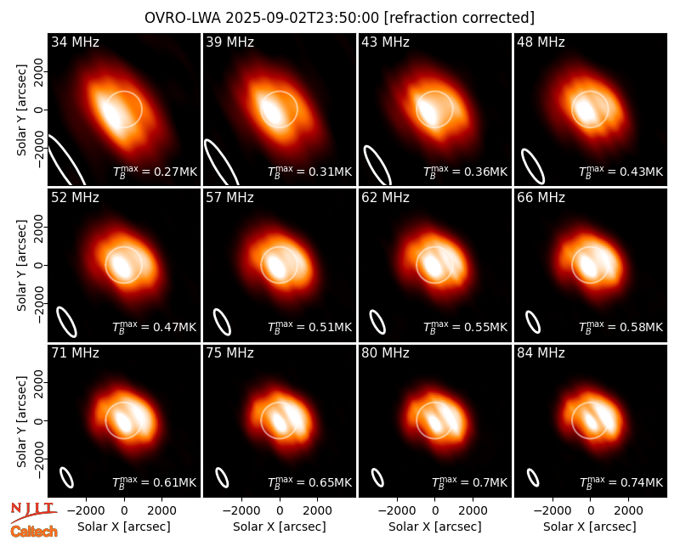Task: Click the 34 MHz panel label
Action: pos(75,42)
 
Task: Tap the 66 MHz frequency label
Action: pos(541,198)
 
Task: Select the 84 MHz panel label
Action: pos(541,353)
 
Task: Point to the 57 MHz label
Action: pos(229,198)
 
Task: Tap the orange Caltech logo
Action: pos(34,532)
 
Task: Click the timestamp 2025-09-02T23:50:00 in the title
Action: pos(302,18)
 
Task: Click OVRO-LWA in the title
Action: pos(182,18)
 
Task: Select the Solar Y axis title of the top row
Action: pos(21,110)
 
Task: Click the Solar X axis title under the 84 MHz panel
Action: pos(590,527)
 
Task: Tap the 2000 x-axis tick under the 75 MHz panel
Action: pos(317,510)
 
